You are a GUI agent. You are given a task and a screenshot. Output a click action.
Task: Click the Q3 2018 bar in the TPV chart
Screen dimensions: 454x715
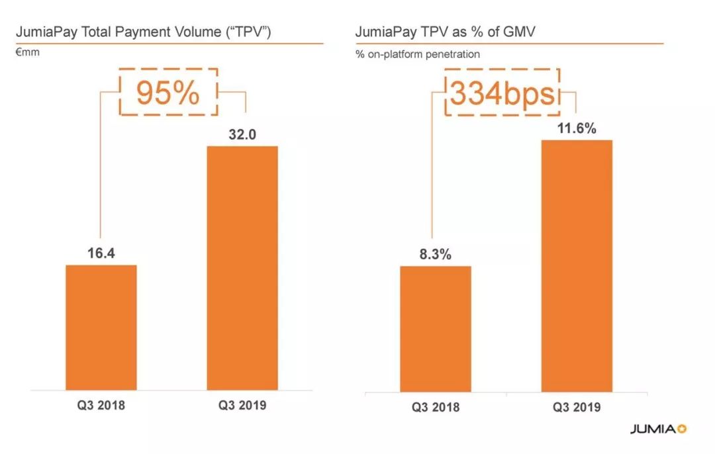click(x=101, y=328)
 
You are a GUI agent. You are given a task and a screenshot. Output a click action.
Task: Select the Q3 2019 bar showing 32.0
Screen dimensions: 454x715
click(x=242, y=268)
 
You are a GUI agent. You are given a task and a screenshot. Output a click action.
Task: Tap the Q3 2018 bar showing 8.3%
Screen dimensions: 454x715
click(x=435, y=329)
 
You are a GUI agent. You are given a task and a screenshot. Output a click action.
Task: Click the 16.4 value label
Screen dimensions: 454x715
click(x=101, y=253)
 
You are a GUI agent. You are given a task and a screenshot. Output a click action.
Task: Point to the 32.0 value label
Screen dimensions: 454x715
click(x=242, y=134)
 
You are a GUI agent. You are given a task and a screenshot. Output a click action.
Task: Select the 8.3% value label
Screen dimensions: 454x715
click(x=435, y=253)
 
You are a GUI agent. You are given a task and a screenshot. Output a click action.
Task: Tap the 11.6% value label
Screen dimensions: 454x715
click(x=577, y=128)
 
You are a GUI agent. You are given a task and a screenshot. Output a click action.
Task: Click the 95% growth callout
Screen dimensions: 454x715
click(x=167, y=93)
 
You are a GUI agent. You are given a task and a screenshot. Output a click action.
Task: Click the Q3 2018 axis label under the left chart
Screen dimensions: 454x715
click(x=101, y=405)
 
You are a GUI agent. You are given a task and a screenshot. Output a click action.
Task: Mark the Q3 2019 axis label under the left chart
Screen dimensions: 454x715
click(x=242, y=405)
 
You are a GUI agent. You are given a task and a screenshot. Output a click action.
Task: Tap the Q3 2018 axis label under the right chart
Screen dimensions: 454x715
click(x=436, y=407)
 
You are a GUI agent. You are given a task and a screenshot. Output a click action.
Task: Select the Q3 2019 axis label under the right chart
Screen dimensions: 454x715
click(x=577, y=407)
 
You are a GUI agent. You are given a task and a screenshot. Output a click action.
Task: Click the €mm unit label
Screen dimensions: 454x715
click(x=27, y=52)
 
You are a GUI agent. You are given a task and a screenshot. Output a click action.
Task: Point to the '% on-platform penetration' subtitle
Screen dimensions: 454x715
click(x=417, y=54)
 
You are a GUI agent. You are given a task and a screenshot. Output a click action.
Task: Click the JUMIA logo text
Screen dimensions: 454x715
click(x=651, y=429)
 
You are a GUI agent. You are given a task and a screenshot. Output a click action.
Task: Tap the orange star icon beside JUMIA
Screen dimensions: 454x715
click(x=682, y=429)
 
